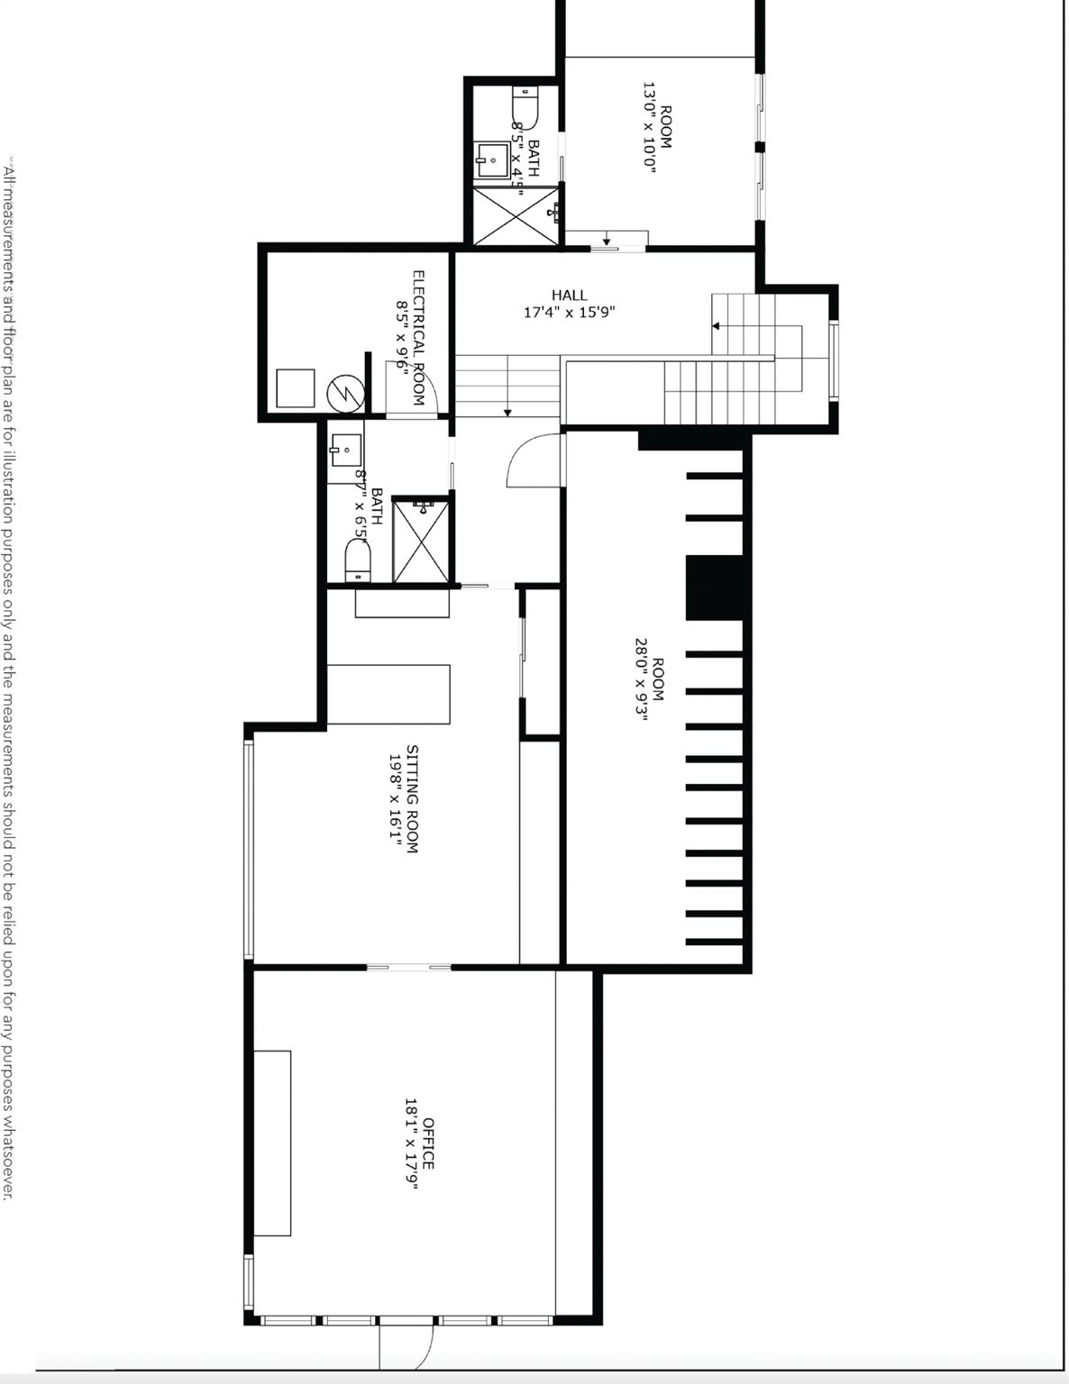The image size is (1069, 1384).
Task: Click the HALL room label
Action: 569,295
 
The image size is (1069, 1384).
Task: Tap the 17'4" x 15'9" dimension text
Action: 569,313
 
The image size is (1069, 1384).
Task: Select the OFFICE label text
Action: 428,1143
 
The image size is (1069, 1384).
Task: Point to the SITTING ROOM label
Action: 412,798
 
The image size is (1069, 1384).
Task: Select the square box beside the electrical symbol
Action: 295,388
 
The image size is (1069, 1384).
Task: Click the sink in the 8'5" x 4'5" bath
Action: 492,160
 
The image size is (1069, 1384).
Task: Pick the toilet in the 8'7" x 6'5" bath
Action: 358,560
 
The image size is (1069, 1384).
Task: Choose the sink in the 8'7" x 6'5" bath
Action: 345,450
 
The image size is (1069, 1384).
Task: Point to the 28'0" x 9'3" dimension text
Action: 641,680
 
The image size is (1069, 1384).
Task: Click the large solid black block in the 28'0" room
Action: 717,587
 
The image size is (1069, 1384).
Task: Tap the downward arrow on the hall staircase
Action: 508,411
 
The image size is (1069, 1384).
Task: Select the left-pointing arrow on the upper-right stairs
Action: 717,326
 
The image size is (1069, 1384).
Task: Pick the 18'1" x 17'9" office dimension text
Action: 411,1143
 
